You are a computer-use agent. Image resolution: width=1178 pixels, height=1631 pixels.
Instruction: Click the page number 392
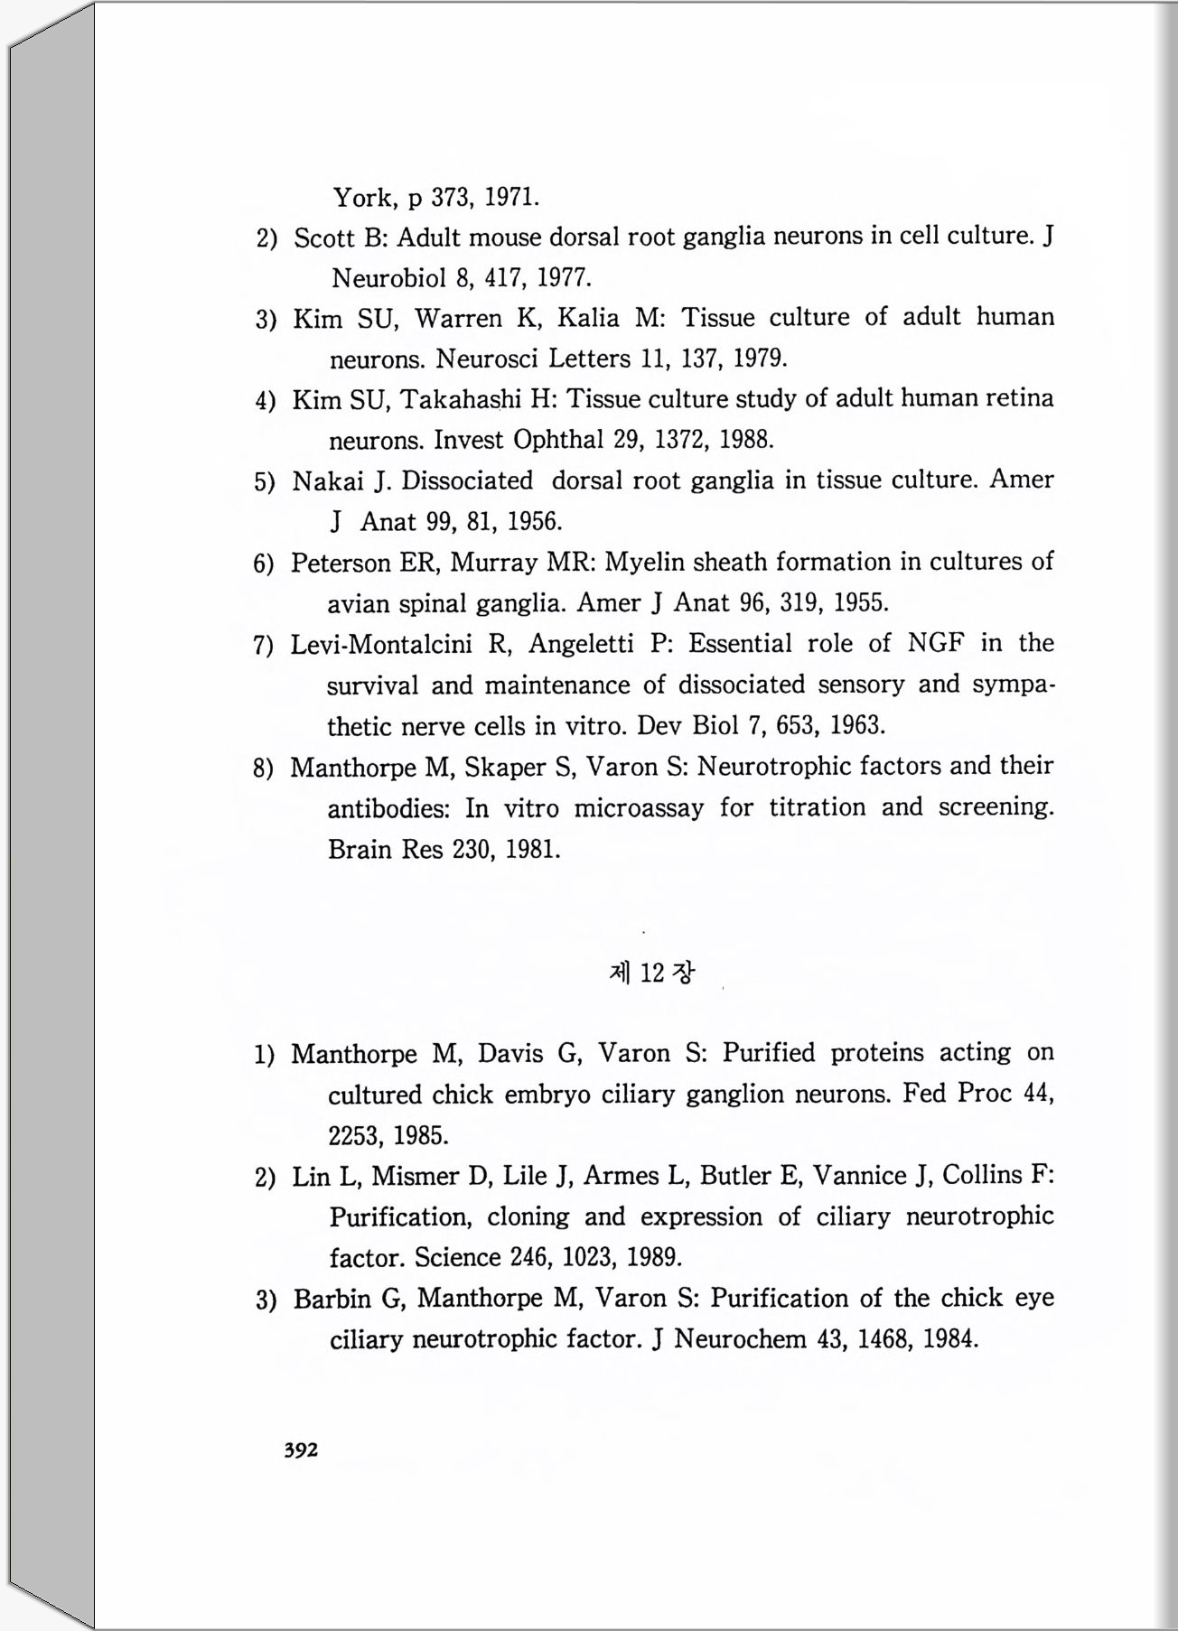click(x=301, y=1450)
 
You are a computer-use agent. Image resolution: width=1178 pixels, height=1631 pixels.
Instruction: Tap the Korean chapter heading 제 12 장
click(x=652, y=973)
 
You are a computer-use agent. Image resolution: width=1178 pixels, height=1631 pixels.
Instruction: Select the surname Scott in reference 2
click(x=324, y=238)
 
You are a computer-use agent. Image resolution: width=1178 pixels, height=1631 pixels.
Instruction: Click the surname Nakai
click(x=328, y=481)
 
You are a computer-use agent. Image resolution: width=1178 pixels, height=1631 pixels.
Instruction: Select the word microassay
click(x=639, y=808)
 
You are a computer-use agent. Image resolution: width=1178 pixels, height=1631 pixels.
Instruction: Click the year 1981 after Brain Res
click(x=533, y=850)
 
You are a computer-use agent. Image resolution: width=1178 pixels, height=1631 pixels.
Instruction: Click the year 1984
click(x=951, y=1339)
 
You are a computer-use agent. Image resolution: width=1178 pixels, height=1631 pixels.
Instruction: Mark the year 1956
click(x=535, y=522)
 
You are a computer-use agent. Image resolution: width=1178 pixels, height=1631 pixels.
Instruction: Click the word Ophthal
click(x=557, y=440)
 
